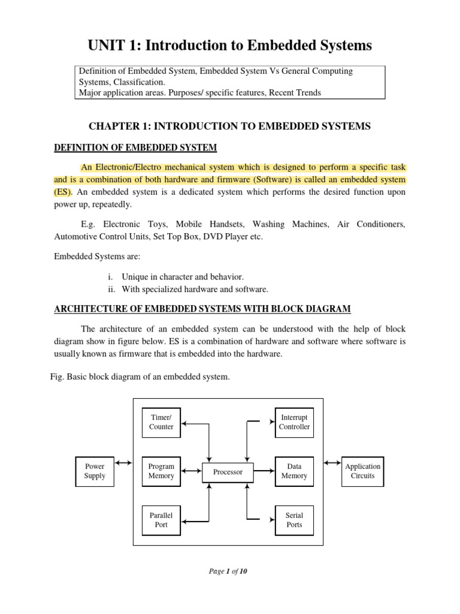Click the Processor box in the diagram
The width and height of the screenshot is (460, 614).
[x=228, y=472]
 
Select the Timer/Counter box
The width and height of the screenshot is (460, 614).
[x=161, y=422]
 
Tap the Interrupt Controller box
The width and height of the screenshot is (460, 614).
[x=294, y=422]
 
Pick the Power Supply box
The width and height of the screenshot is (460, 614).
[x=95, y=471]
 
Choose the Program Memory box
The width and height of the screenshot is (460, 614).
[x=161, y=471]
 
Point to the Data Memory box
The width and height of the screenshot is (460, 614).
[x=294, y=471]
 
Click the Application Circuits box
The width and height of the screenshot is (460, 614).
[x=362, y=471]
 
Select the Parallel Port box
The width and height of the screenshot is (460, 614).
[x=161, y=520]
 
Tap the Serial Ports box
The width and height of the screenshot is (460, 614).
[x=294, y=520]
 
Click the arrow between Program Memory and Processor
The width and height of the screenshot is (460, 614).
[x=191, y=471]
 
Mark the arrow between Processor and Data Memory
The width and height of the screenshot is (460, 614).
[x=264, y=471]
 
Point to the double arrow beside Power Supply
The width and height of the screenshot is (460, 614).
[x=123, y=463]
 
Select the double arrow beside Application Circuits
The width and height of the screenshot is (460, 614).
[x=331, y=463]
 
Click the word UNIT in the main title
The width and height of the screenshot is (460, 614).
[x=108, y=45]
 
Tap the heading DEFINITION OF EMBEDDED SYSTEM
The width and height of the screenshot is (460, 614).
[x=135, y=148]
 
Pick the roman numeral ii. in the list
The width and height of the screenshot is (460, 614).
[x=111, y=290]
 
